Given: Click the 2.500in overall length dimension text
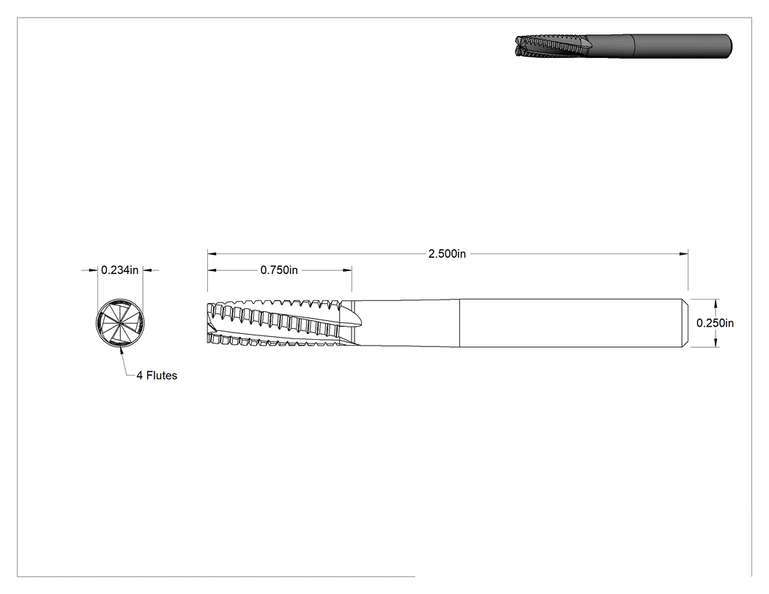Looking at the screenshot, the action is [x=447, y=253].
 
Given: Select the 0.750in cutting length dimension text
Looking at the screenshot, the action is [x=279, y=270].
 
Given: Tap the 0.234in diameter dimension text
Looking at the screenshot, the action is [x=119, y=270].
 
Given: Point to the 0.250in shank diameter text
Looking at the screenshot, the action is [x=715, y=323].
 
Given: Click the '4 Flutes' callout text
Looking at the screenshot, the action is [x=157, y=375].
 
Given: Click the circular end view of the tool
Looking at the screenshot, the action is [x=120, y=322].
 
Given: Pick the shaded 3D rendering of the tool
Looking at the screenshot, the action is [x=623, y=46].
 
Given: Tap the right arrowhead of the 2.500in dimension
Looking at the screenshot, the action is [x=684, y=253].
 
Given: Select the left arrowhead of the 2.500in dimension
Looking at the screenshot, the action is [x=212, y=253].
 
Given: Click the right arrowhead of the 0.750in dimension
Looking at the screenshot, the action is [x=348, y=270].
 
